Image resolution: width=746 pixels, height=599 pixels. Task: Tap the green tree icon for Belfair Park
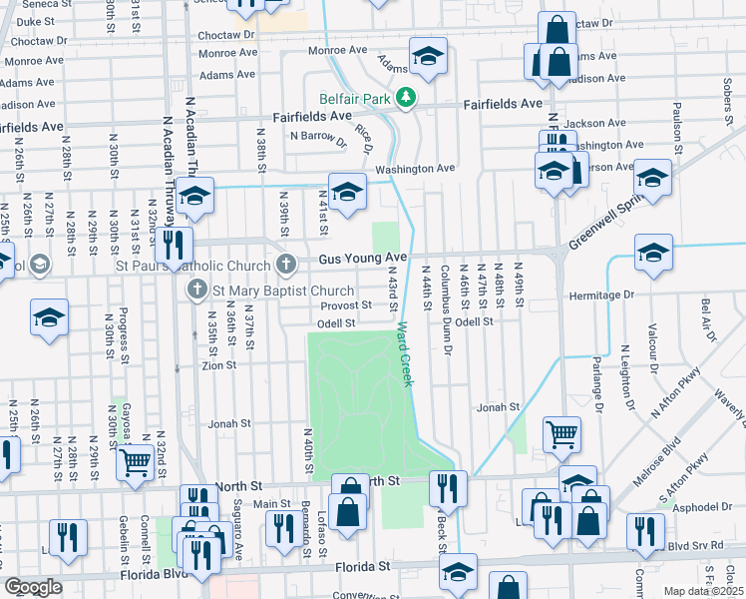(x=406, y=97)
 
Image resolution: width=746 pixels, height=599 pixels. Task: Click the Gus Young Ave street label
(x=363, y=259)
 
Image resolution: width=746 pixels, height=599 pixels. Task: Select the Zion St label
(x=218, y=365)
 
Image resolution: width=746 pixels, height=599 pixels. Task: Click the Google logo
(x=33, y=587)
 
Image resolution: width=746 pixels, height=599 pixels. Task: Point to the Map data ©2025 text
(x=703, y=591)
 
